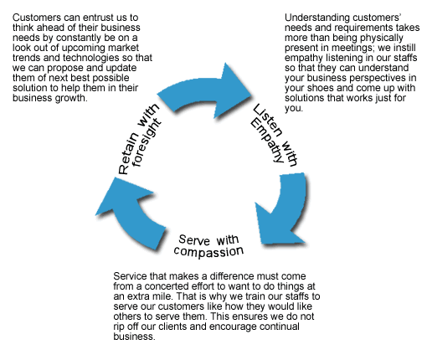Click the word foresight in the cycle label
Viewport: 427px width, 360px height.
(147, 142)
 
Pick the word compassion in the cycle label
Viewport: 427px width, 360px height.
(208, 252)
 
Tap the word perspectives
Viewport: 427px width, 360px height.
(376, 78)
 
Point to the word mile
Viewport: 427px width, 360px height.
(166, 296)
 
